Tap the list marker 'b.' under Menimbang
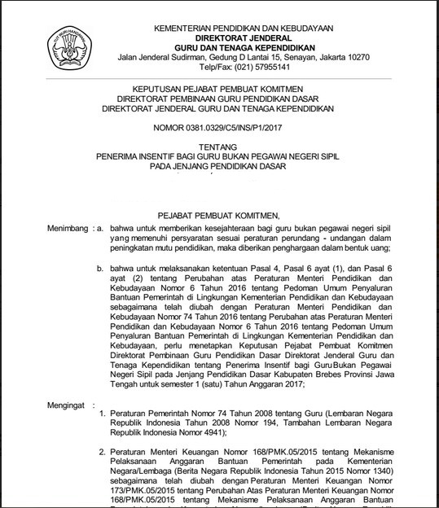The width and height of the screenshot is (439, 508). click(101, 267)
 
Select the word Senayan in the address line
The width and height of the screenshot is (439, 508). click(274, 58)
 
